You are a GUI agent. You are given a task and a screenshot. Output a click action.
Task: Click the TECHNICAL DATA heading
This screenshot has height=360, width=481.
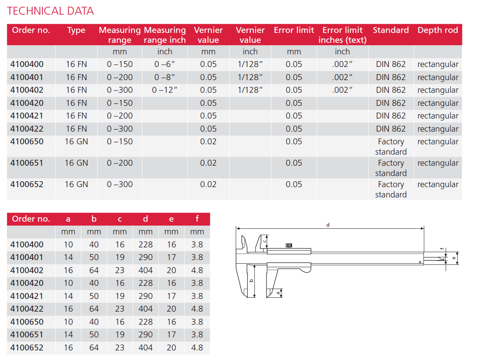click(x=50, y=11)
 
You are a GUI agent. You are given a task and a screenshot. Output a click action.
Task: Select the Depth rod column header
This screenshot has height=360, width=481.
click(x=438, y=30)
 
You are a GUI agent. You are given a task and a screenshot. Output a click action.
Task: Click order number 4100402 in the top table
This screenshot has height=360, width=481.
click(x=27, y=90)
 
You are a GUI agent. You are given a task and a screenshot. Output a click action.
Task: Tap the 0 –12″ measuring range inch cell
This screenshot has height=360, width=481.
click(x=164, y=90)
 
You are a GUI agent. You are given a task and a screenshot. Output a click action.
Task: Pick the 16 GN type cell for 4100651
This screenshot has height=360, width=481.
click(x=76, y=163)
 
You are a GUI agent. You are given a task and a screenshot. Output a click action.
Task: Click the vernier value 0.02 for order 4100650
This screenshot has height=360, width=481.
click(x=208, y=142)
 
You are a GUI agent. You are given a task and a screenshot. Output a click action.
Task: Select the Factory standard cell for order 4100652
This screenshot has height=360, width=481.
click(x=391, y=189)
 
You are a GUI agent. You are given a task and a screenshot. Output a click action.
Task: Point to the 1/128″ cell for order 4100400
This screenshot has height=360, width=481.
click(x=250, y=64)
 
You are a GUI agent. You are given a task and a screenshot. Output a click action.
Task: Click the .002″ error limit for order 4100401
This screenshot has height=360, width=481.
click(x=342, y=77)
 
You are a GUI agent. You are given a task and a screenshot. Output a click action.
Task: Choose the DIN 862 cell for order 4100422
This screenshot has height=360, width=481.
click(x=391, y=129)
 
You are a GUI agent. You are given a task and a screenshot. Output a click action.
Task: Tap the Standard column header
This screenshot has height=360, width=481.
click(x=391, y=30)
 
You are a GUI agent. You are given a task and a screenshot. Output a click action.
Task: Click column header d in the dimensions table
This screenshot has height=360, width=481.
click(x=146, y=219)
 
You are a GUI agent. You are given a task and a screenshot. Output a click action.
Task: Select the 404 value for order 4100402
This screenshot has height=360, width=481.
click(x=146, y=270)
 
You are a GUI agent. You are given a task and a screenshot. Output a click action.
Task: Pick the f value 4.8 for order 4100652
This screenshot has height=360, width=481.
click(x=197, y=348)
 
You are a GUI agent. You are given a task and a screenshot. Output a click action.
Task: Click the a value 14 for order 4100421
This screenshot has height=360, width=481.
click(x=68, y=296)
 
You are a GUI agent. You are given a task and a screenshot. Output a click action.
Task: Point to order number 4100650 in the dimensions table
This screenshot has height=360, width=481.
click(x=27, y=322)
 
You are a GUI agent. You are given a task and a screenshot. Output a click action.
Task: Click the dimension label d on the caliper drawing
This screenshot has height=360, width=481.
click(x=328, y=225)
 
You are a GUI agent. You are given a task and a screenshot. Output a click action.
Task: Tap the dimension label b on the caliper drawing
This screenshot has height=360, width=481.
click(x=251, y=281)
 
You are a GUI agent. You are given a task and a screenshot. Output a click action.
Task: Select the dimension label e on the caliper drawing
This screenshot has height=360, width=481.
click(x=454, y=258)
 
